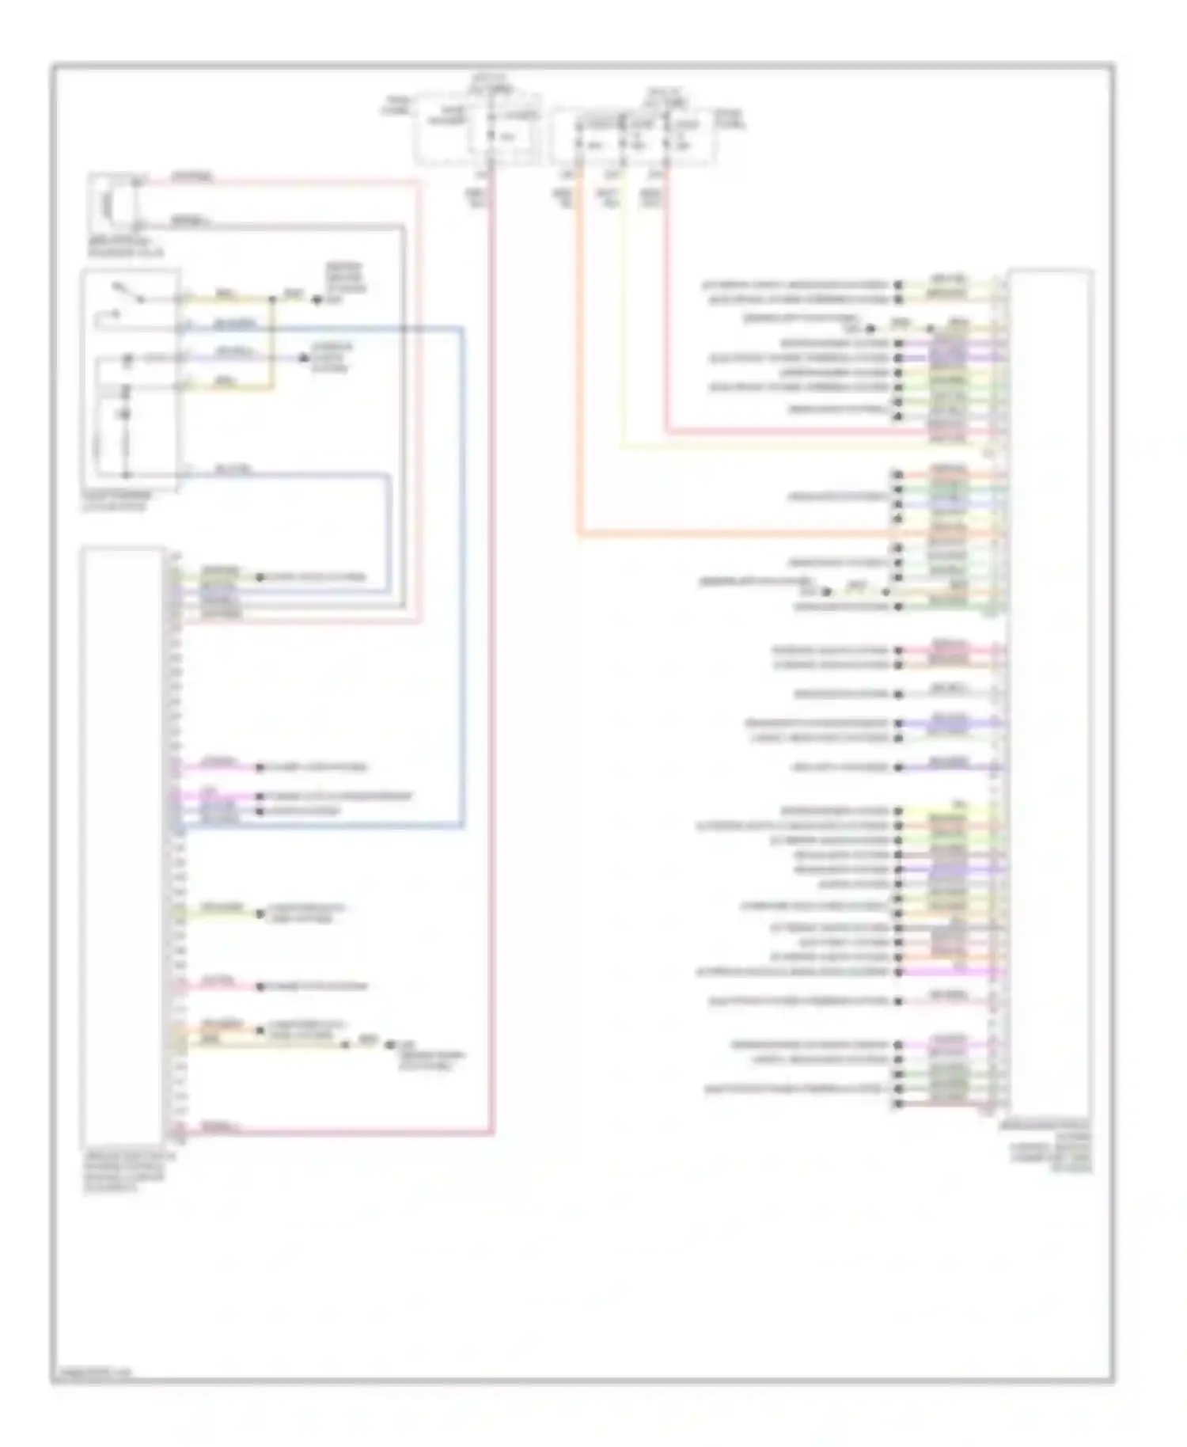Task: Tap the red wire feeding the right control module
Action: tap(666, 317)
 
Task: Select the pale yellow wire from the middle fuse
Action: tap(623, 332)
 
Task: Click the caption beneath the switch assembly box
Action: tap(116, 501)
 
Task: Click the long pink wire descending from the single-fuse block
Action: tap(491, 633)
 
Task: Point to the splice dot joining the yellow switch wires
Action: tap(273, 300)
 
